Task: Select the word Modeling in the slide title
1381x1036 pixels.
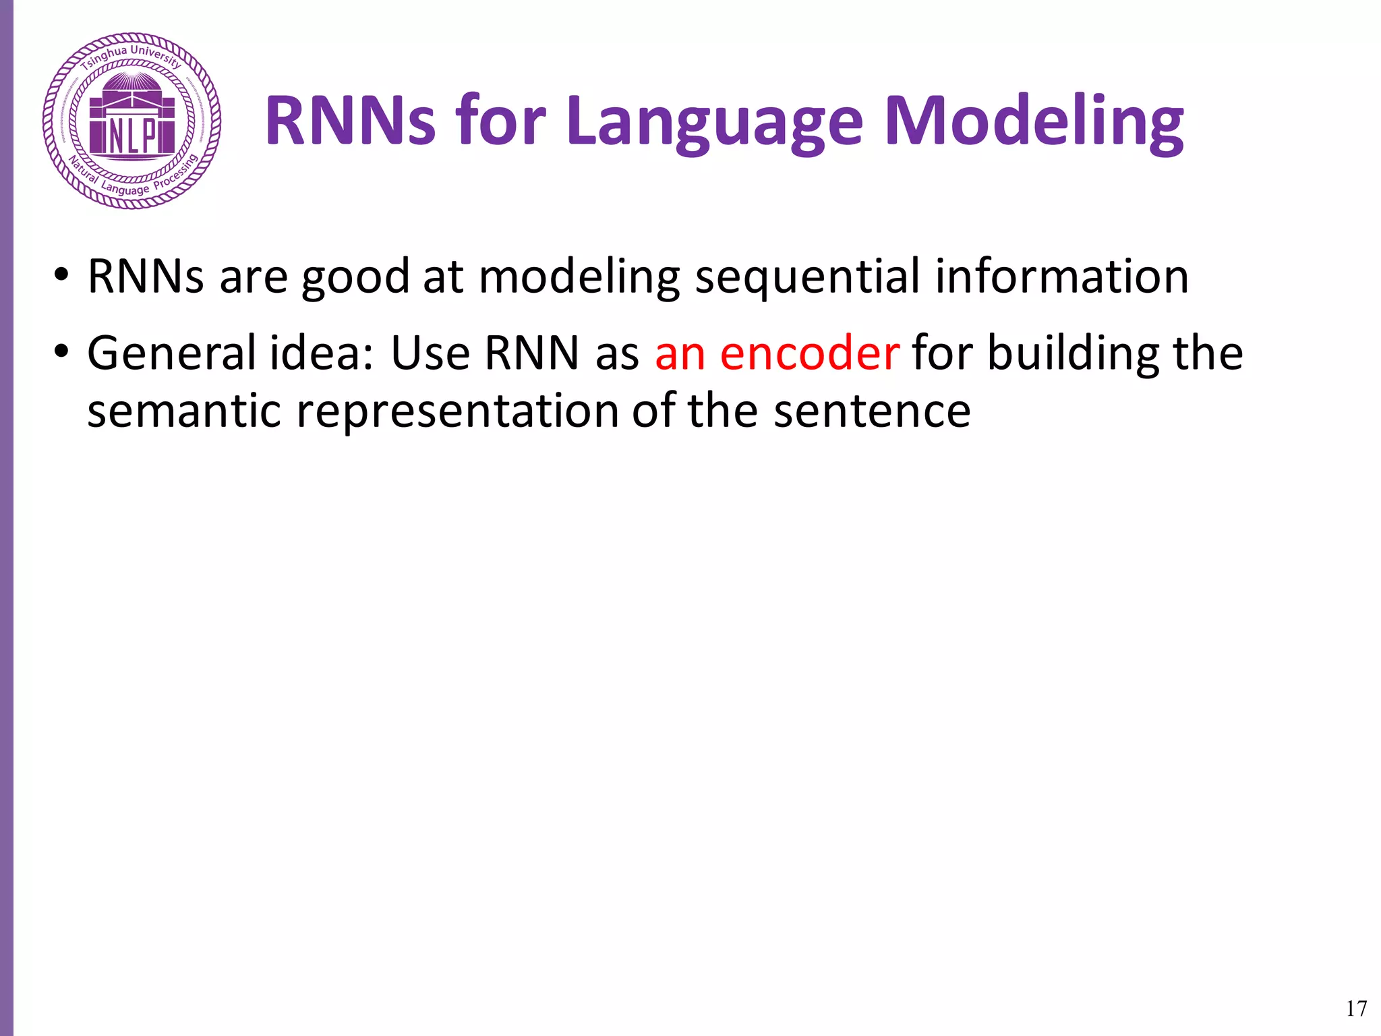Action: pos(1034,121)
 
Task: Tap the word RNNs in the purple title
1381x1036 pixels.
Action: pos(351,121)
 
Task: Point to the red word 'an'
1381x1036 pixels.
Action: pos(680,354)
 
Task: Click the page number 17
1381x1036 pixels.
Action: pos(1356,1008)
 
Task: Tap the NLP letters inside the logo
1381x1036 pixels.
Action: pos(132,136)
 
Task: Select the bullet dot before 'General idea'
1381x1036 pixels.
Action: pos(61,351)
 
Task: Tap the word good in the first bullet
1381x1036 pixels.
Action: pos(355,278)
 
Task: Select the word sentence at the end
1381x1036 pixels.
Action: pos(871,411)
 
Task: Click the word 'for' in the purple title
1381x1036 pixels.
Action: pos(500,121)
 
